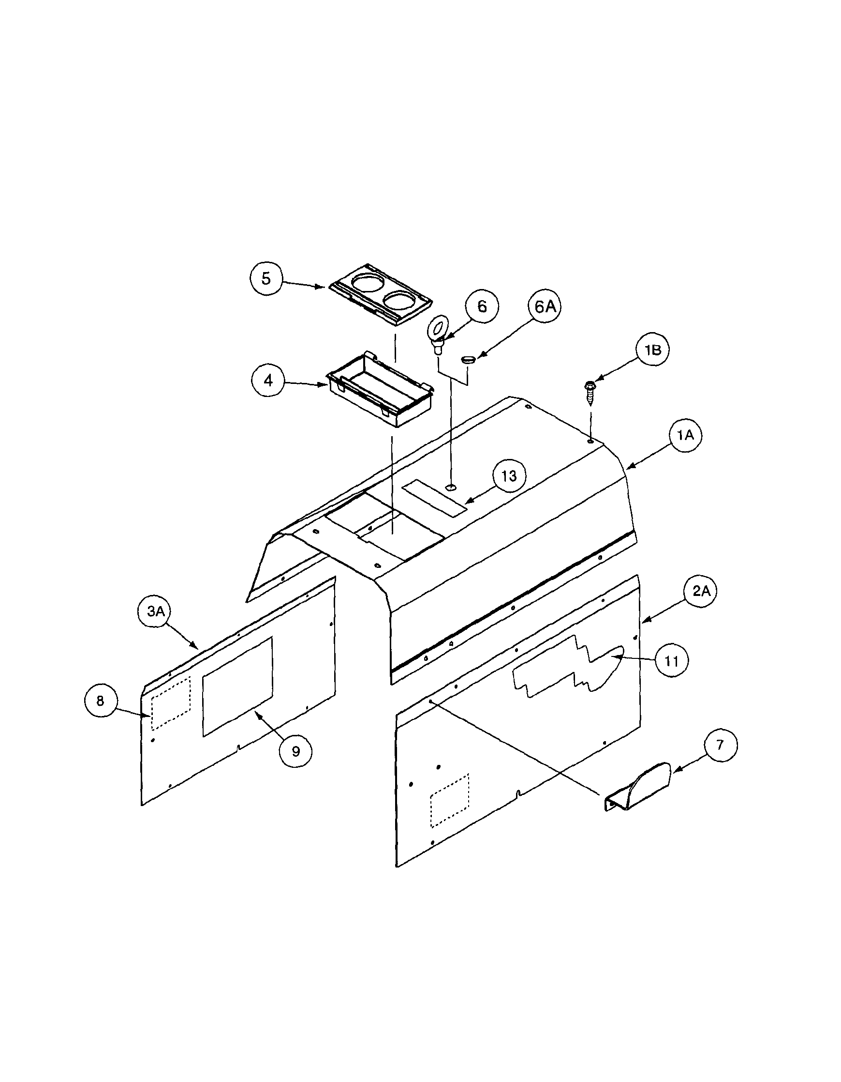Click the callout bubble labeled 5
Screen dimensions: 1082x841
point(266,279)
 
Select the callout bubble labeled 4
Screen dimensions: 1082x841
point(268,381)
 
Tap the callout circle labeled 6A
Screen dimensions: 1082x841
point(545,307)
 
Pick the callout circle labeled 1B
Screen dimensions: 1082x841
point(652,350)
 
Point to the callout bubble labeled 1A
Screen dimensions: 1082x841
point(686,436)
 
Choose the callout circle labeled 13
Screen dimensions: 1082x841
point(509,476)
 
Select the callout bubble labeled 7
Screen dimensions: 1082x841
point(720,745)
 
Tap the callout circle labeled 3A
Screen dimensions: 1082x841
point(155,611)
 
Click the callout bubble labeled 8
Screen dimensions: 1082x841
point(101,701)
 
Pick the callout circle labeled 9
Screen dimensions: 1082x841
point(295,751)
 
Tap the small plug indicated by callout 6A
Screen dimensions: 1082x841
point(468,358)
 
